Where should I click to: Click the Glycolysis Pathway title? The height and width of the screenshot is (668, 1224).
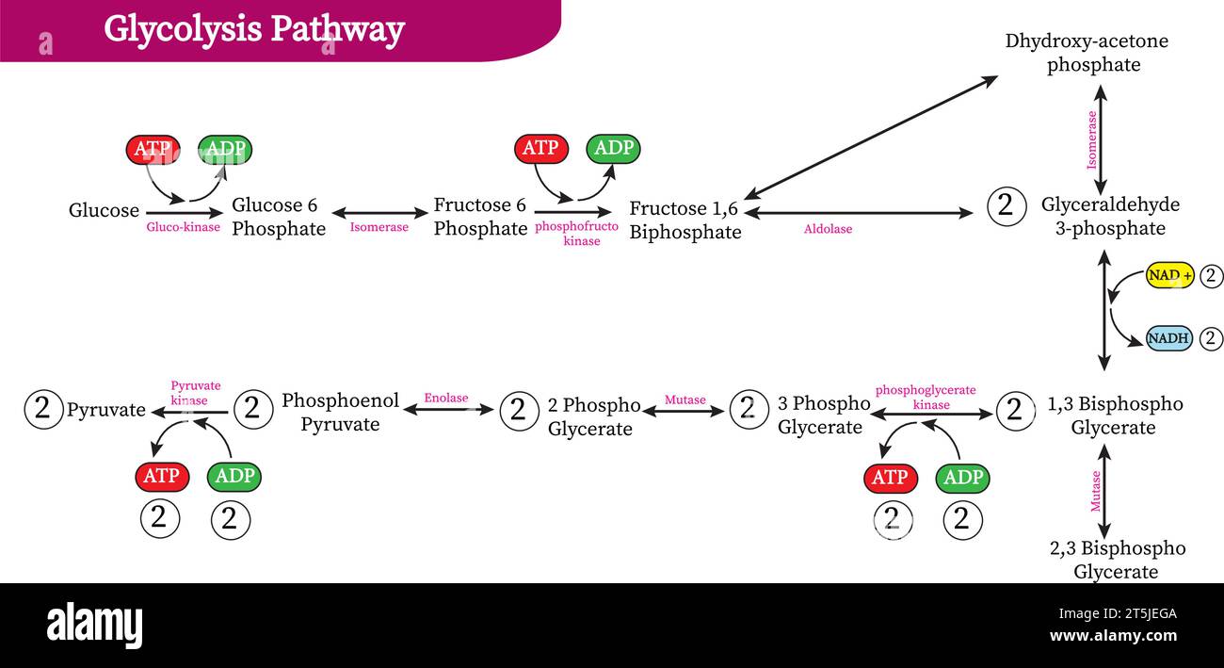(254, 29)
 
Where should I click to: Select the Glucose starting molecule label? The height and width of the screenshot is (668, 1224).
(104, 210)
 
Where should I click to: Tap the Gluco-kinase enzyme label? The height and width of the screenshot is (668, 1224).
(183, 227)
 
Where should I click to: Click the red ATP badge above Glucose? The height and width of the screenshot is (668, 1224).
(153, 149)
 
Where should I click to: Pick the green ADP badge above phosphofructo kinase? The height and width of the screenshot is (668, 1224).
(614, 148)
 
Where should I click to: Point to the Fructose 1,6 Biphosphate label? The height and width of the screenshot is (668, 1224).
(685, 220)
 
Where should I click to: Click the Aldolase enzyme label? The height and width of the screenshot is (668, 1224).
(828, 229)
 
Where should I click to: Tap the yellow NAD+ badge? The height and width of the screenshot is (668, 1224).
(1169, 276)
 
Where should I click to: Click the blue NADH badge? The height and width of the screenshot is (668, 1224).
(1168, 338)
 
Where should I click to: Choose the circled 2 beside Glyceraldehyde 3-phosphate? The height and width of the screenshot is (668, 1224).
(1006, 205)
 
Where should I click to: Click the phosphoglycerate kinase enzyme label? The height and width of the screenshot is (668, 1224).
(926, 397)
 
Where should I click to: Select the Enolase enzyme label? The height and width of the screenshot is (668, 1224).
(445, 398)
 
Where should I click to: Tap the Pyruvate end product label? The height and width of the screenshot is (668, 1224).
(106, 410)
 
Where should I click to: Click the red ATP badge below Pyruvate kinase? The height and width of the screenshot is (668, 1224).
(161, 477)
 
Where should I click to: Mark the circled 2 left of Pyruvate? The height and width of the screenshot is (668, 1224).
(42, 408)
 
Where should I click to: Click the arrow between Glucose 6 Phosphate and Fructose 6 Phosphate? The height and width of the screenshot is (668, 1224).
(379, 213)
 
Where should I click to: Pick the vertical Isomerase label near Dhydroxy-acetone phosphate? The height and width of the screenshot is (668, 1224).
(1092, 140)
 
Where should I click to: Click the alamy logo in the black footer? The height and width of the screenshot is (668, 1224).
(94, 625)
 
